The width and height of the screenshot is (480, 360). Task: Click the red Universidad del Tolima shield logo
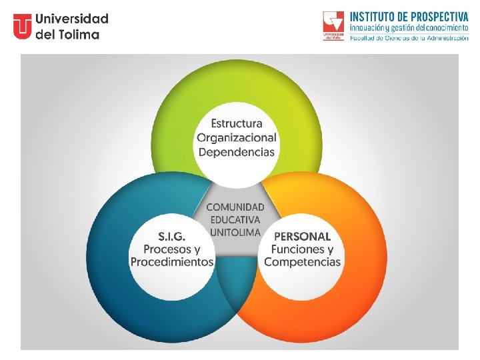pos(22,27)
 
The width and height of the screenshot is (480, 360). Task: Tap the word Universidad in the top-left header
pos(72,19)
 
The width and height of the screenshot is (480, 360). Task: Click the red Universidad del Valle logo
pos(333,25)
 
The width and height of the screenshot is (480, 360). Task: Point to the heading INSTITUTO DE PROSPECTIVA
pos(409,16)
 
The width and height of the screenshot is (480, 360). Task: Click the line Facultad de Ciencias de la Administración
pos(409,38)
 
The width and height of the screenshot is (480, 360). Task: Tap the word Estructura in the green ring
pos(237,123)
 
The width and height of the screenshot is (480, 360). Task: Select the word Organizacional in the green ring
pos(236,137)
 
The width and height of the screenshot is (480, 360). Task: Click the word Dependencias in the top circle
pos(236,151)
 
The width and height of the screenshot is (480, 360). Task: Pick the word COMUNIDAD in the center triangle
pos(235,207)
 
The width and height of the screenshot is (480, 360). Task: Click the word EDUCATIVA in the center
pos(235,219)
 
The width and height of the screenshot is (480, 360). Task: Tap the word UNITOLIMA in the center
pos(235,232)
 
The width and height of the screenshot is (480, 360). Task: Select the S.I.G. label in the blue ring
pos(172,236)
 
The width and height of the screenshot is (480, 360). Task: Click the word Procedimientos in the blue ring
pos(172,262)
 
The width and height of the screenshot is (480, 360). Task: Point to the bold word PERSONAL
pos(302,236)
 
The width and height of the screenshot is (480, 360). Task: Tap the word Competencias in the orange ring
pos(302,262)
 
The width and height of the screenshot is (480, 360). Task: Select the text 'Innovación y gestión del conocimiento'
pos(409,28)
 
